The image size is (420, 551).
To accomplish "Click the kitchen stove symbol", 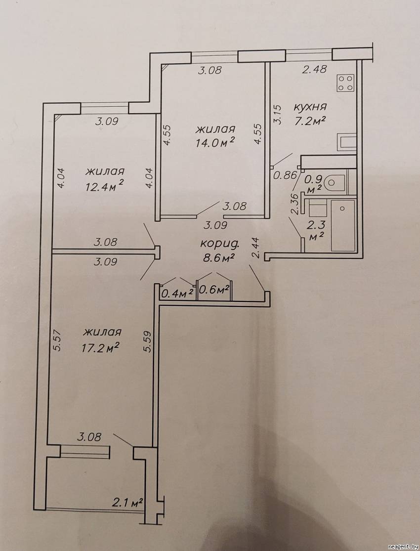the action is (345, 83).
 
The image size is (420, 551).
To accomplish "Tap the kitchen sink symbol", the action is (346, 142).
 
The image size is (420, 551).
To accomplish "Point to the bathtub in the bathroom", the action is (343, 225).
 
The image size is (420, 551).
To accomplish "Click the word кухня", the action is (310, 107).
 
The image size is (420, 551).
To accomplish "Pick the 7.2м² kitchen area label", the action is (309, 121).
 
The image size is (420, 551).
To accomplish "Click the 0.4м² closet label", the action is (177, 293).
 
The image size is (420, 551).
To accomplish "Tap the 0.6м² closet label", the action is (214, 290).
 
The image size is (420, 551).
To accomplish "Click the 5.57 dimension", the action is (58, 340).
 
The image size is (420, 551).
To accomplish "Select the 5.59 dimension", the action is (147, 342).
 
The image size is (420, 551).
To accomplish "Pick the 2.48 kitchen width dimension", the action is (315, 69).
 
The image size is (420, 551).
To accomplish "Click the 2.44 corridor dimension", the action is (256, 248).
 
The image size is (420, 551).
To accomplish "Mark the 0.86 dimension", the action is (286, 175).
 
